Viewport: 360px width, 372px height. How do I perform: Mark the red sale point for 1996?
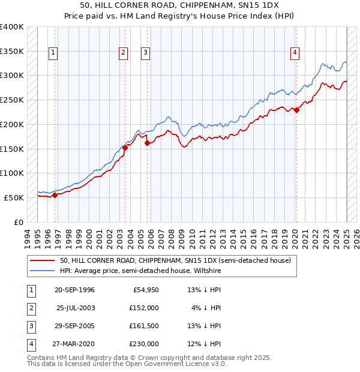point(55,195)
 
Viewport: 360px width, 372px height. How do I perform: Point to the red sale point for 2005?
point(147,143)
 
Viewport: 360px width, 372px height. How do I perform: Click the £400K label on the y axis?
point(12,27)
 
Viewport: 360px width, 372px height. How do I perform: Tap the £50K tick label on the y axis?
point(14,197)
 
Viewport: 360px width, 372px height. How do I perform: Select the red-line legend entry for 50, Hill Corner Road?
point(175,260)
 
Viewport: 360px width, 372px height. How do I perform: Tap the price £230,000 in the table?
point(144,344)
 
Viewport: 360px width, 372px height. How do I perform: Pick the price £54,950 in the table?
point(146,290)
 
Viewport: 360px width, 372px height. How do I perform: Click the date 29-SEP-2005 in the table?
point(75,326)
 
